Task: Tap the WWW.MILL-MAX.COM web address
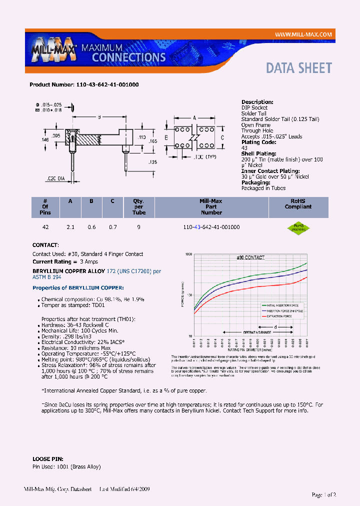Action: pyautogui.click(x=303, y=34)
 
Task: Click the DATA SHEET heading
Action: pyautogui.click(x=298, y=68)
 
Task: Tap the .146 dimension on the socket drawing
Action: pyautogui.click(x=45, y=140)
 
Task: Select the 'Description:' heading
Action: pyautogui.click(x=257, y=102)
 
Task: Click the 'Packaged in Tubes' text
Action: pyautogui.click(x=263, y=188)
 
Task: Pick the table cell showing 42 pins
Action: pyautogui.click(x=45, y=227)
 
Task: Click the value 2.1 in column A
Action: pyautogui.click(x=70, y=227)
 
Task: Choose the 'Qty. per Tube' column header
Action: pyautogui.click(x=139, y=206)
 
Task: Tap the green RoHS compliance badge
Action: pyautogui.click(x=298, y=227)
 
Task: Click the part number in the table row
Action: pyautogui.click(x=212, y=227)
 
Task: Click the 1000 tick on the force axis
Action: pyautogui.click(x=188, y=254)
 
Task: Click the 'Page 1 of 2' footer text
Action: pyautogui.click(x=323, y=494)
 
